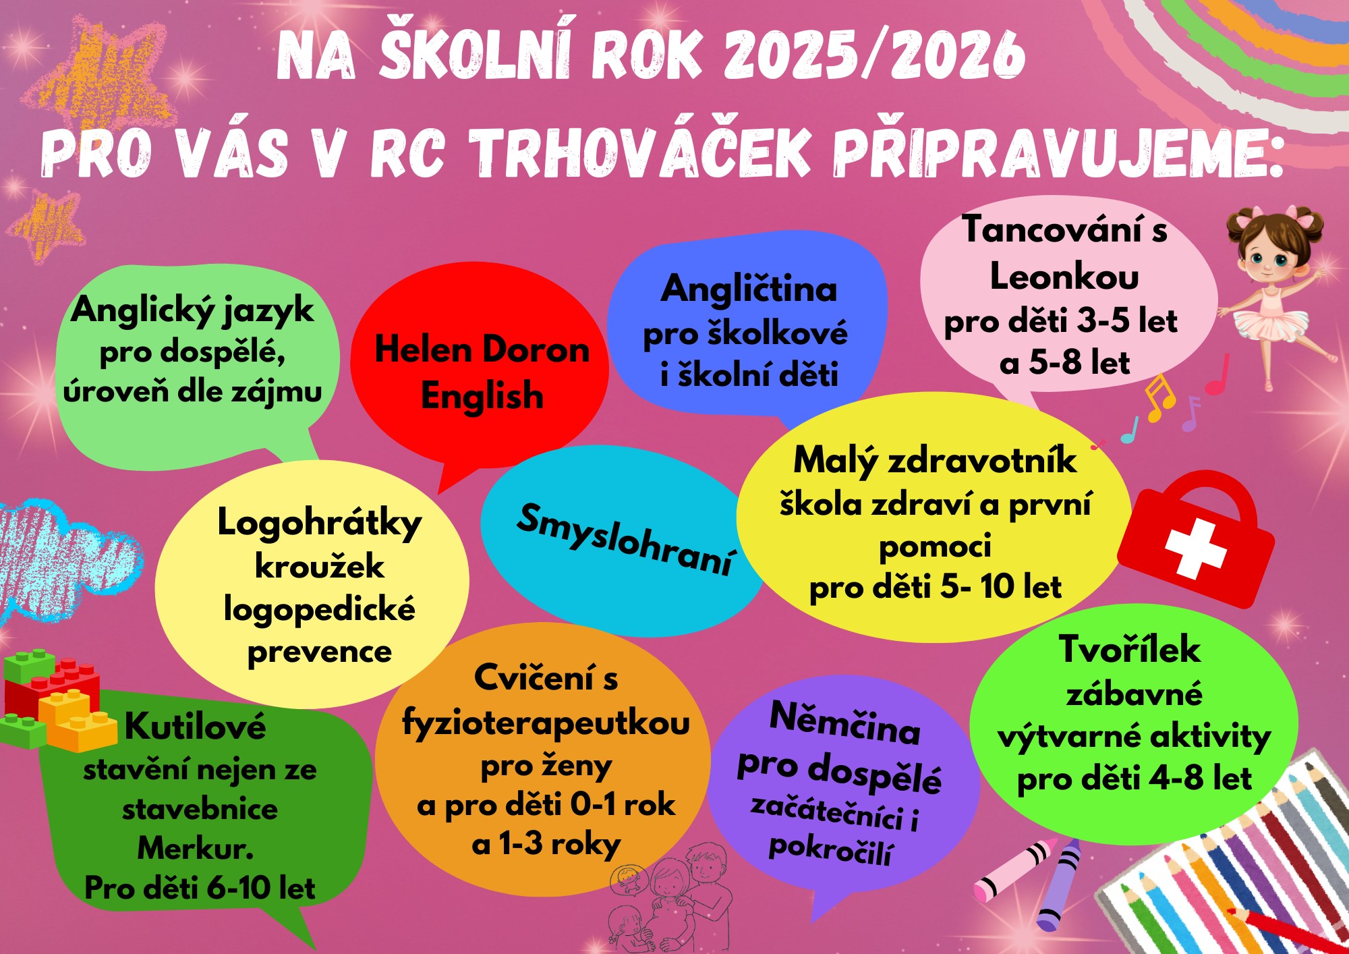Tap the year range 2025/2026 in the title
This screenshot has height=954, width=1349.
click(x=875, y=54)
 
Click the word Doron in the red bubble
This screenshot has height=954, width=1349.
click(x=536, y=349)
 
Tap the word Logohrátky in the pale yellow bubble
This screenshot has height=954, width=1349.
click(x=319, y=523)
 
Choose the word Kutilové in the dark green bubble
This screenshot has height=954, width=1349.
click(x=196, y=726)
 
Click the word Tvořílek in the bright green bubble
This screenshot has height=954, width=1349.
click(x=1130, y=649)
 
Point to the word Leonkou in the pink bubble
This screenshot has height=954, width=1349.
click(x=1064, y=277)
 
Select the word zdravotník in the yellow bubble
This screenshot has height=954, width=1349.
click(x=982, y=460)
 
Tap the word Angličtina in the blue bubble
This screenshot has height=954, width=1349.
click(x=749, y=290)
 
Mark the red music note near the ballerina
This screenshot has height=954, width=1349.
click(x=1217, y=375)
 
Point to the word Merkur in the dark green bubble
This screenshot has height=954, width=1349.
click(x=196, y=848)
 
